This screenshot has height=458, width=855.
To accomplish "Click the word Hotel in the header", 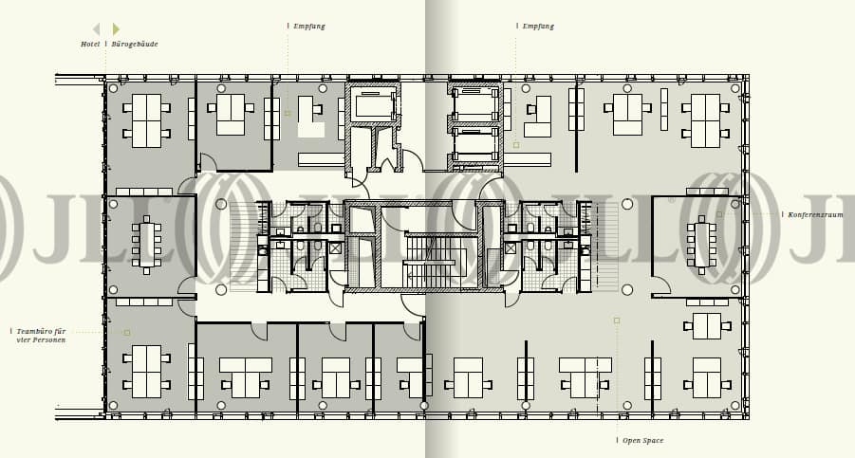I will (x=90, y=45).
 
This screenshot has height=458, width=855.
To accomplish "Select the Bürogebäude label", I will (x=135, y=45).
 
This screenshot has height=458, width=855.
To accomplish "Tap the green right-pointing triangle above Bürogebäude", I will (x=116, y=29).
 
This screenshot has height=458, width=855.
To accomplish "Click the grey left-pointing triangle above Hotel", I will (x=96, y=29).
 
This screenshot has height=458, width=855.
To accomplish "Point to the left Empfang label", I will (x=309, y=27).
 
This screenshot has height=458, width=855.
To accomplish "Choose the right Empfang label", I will (x=538, y=27).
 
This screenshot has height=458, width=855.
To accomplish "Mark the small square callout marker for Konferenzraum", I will (x=719, y=214).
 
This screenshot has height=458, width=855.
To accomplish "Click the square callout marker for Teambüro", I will (x=127, y=333).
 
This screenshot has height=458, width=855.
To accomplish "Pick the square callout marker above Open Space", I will (x=616, y=321).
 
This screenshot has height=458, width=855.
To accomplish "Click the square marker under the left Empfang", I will (x=288, y=114).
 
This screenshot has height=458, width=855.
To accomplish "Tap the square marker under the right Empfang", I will (x=516, y=145).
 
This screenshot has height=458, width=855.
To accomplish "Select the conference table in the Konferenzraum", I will (x=701, y=245).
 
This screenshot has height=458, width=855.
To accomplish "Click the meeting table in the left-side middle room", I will (x=146, y=245).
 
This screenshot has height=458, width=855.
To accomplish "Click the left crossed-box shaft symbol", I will (x=335, y=248).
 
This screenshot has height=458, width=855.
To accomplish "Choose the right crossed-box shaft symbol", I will (x=511, y=248).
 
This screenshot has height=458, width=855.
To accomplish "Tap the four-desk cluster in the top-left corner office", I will (x=146, y=120).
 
